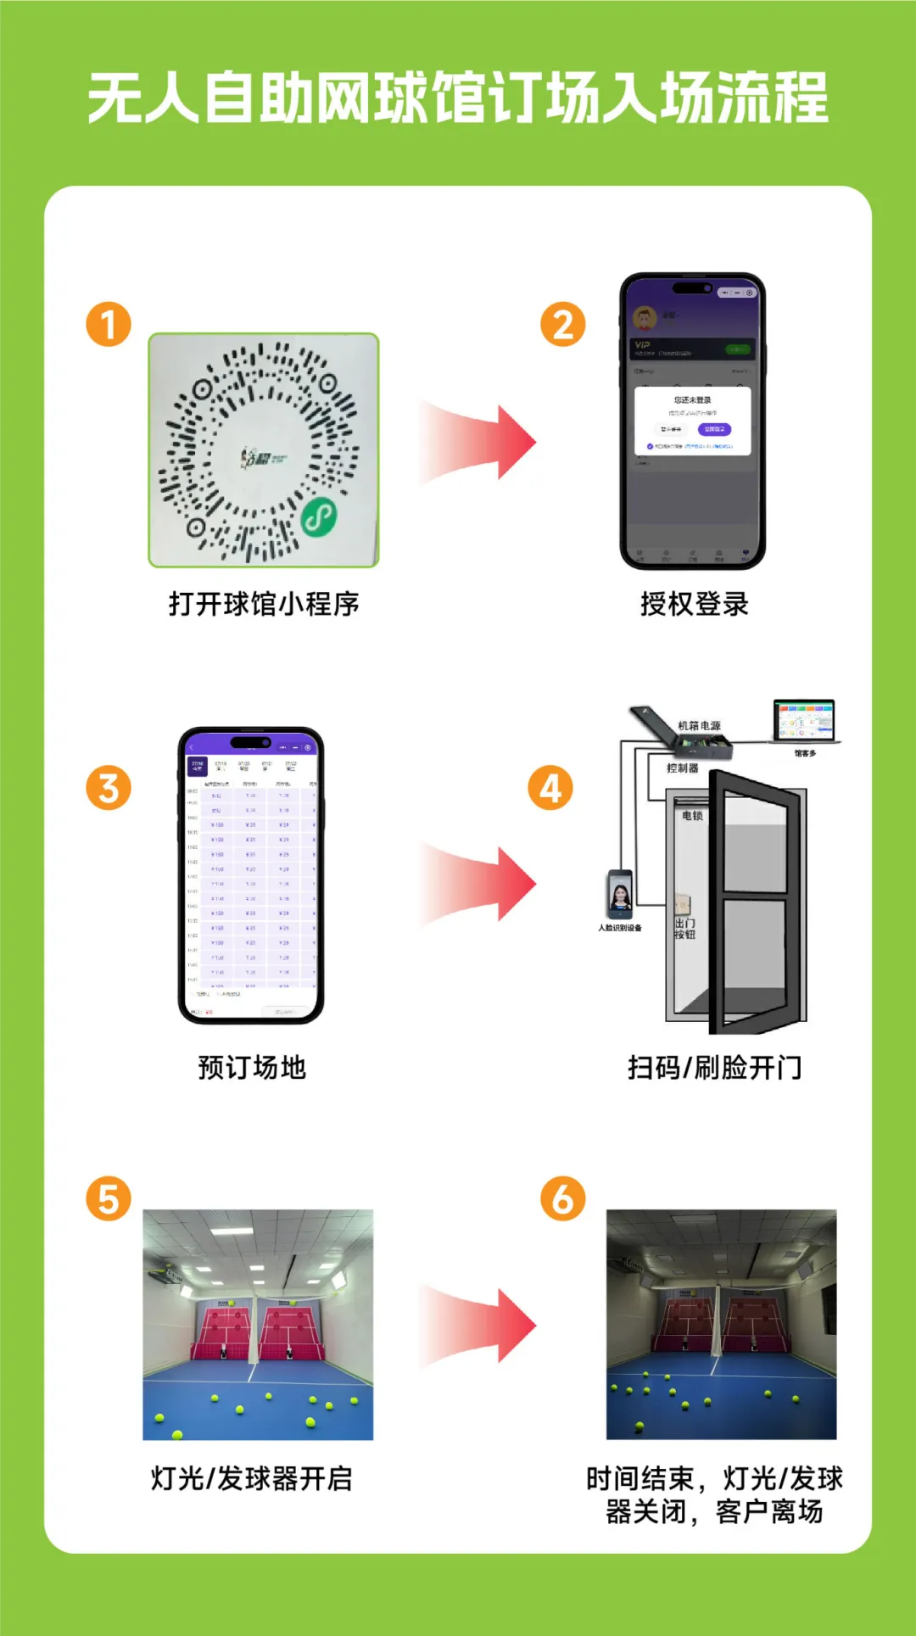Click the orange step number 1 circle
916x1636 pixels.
pyautogui.click(x=109, y=324)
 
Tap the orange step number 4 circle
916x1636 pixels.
pyautogui.click(x=550, y=788)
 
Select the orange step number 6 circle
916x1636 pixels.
pyautogui.click(x=563, y=1198)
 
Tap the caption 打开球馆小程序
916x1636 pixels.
pyautogui.click(x=264, y=604)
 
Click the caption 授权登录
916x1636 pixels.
pyautogui.click(x=694, y=604)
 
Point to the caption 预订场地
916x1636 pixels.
pyautogui.click(x=252, y=1067)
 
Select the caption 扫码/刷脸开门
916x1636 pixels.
pyautogui.click(x=714, y=1067)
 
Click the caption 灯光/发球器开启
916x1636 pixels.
pyautogui.click(x=252, y=1478)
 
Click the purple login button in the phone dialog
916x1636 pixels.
pyautogui.click(x=714, y=429)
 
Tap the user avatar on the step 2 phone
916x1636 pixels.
pyautogui.click(x=645, y=319)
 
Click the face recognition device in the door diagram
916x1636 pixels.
pyautogui.click(x=620, y=895)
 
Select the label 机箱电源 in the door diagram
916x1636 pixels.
pyautogui.click(x=699, y=726)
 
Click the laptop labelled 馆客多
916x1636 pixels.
pyautogui.click(x=804, y=722)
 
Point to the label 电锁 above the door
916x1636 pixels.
pyautogui.click(x=692, y=816)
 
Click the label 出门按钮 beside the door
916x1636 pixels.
pyautogui.click(x=684, y=928)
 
